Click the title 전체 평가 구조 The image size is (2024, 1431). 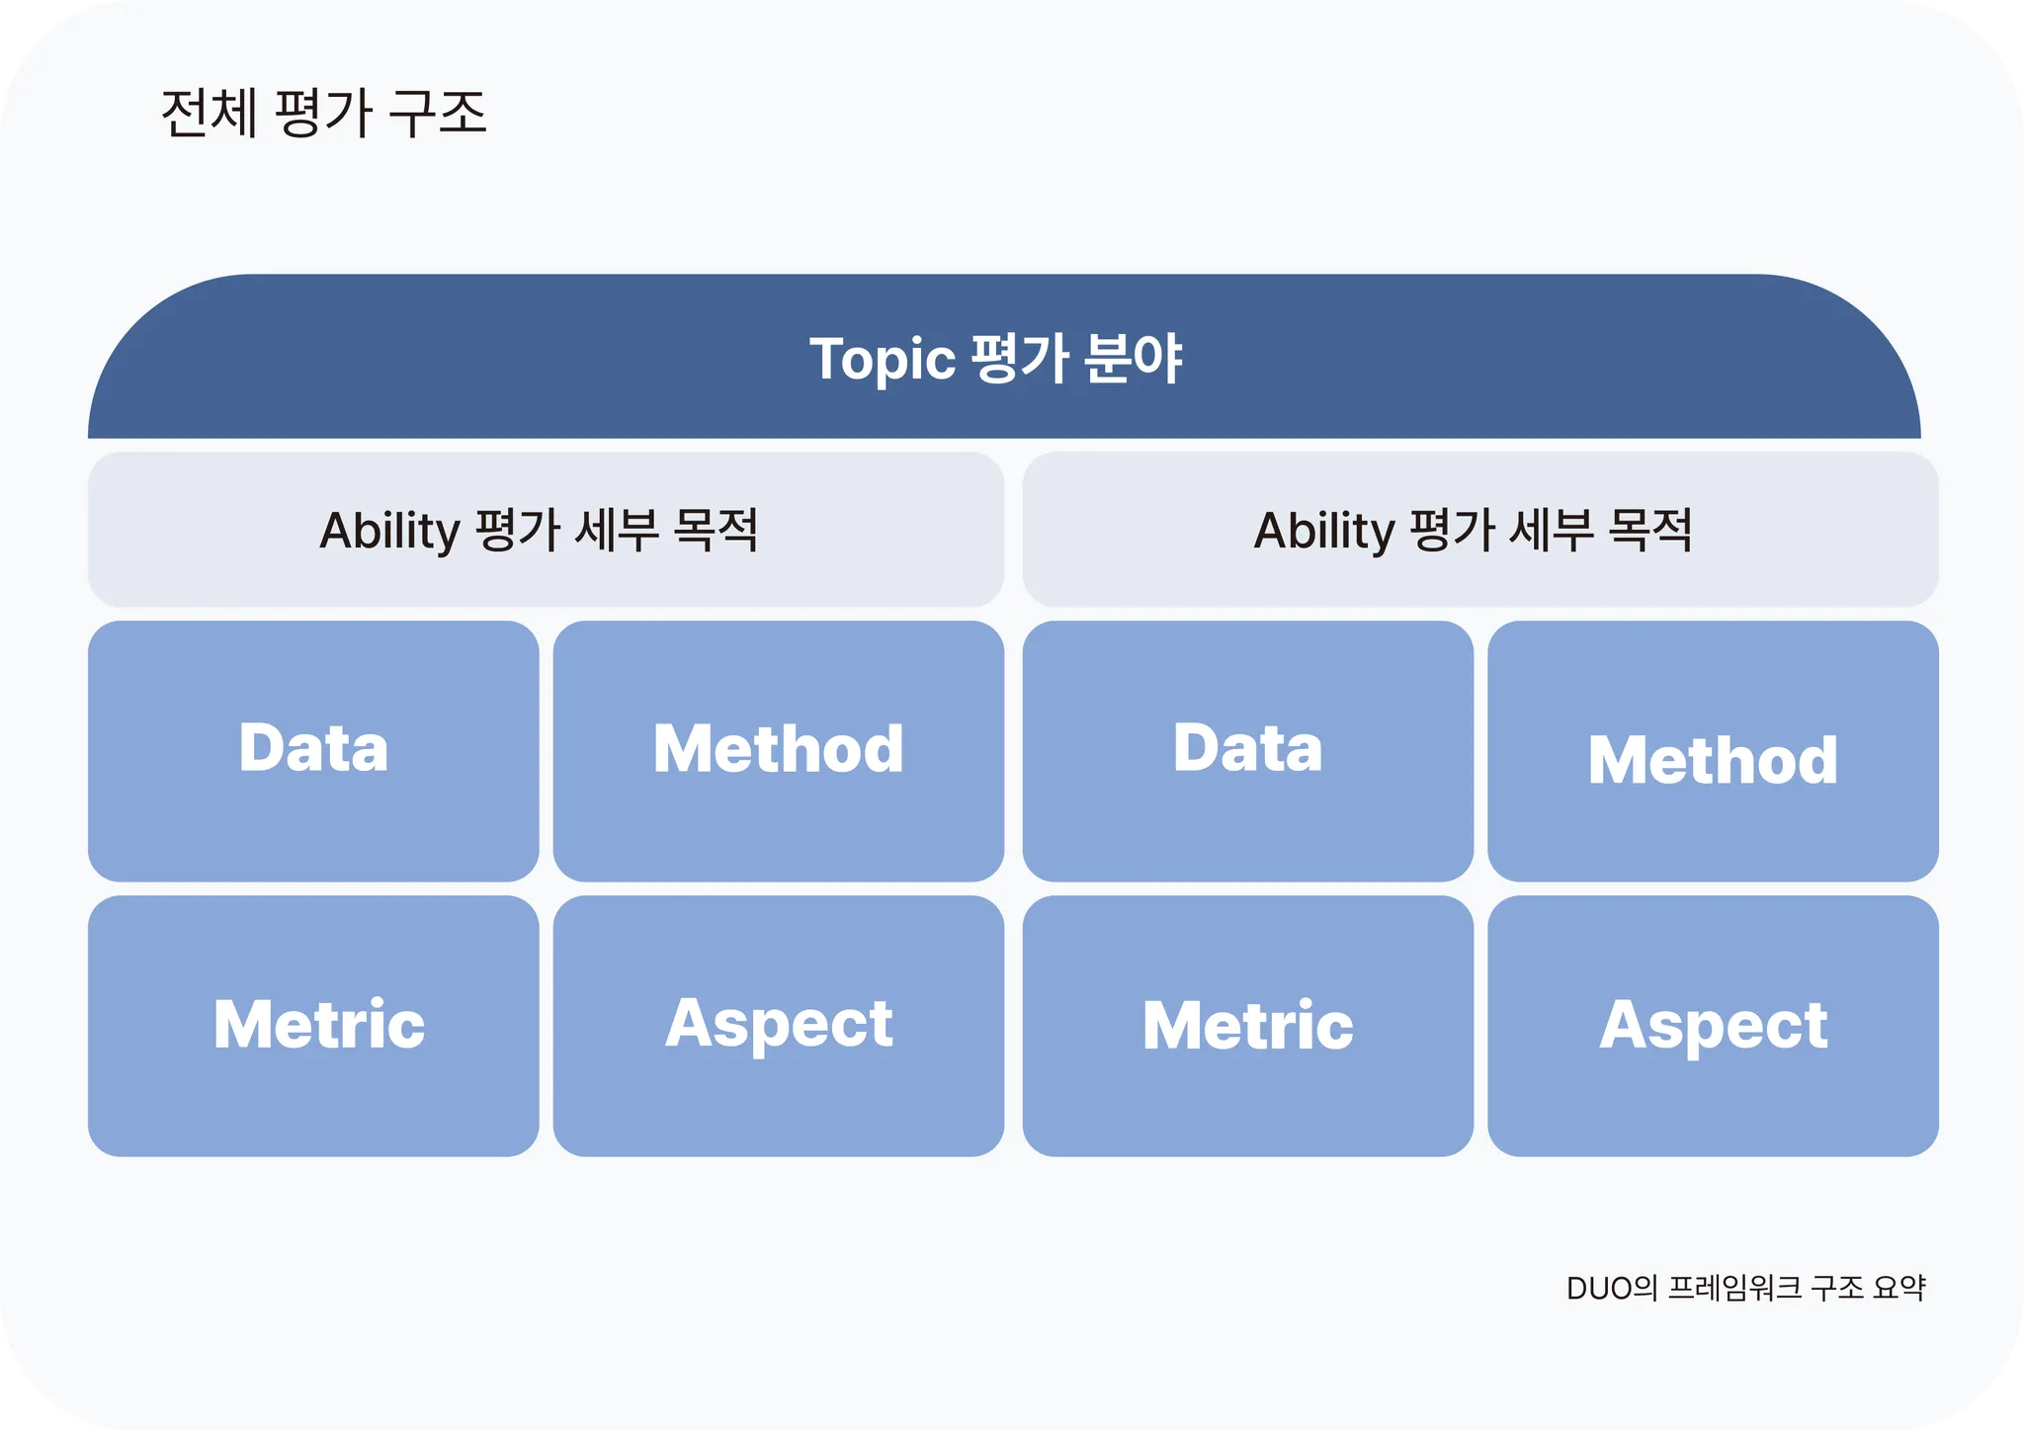pos(323,113)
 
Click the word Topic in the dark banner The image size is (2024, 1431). pos(883,359)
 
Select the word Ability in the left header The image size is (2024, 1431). pos(390,531)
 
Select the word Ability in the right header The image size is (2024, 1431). pos(1324,531)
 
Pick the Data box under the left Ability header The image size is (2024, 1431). pos(313,751)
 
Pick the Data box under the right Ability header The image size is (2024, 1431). pos(1248,751)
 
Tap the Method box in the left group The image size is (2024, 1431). pos(779,751)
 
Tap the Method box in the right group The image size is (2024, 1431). pos(1713,751)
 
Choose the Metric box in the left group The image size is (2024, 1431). pos(313,1026)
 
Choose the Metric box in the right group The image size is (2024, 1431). pos(1248,1026)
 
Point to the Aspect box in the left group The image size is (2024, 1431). pos(779,1026)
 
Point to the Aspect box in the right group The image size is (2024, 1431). pos(1713,1026)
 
